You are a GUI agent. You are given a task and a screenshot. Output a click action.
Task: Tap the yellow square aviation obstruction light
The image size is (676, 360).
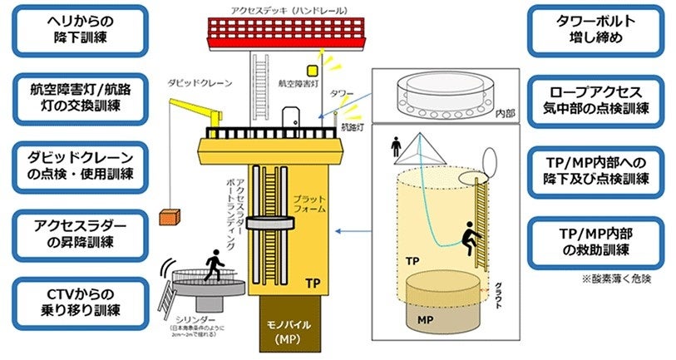click(x=313, y=71)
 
